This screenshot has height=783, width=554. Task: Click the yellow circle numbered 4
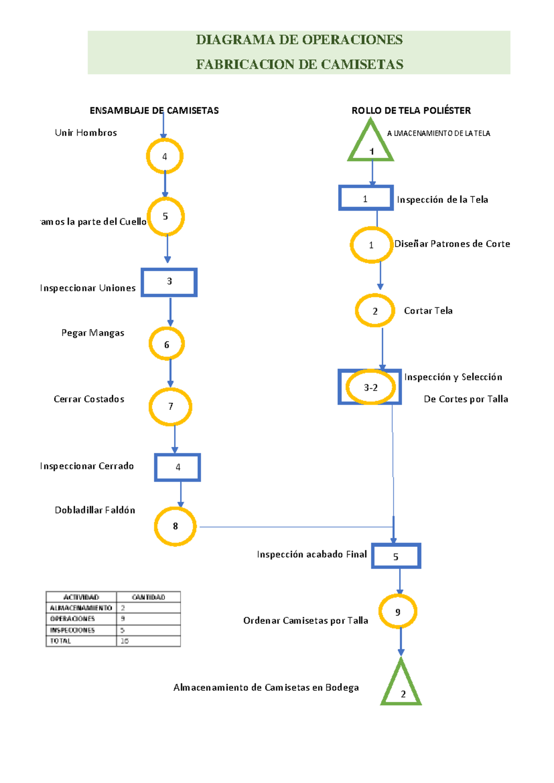point(165,156)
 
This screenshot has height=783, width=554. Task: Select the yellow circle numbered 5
point(166,217)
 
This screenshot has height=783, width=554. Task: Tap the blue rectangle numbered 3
point(169,282)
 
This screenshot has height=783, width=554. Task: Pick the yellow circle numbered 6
point(167,344)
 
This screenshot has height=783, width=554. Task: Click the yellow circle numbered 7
point(170,406)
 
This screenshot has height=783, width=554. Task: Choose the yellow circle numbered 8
point(175,526)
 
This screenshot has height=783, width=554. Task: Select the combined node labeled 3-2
point(370,387)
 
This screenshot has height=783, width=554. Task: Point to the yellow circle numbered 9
point(397,612)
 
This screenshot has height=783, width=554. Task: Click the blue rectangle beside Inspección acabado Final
point(396,556)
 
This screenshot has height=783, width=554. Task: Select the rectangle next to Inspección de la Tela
point(366,198)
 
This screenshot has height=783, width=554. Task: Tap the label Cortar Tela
point(428,311)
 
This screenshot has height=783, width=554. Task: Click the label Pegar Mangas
point(93,333)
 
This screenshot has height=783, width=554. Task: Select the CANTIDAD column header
point(148,597)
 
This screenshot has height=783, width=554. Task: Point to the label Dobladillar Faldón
point(95,510)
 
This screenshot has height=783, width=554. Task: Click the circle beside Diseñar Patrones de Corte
point(371,245)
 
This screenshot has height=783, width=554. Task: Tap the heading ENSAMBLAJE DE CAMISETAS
point(154,110)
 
